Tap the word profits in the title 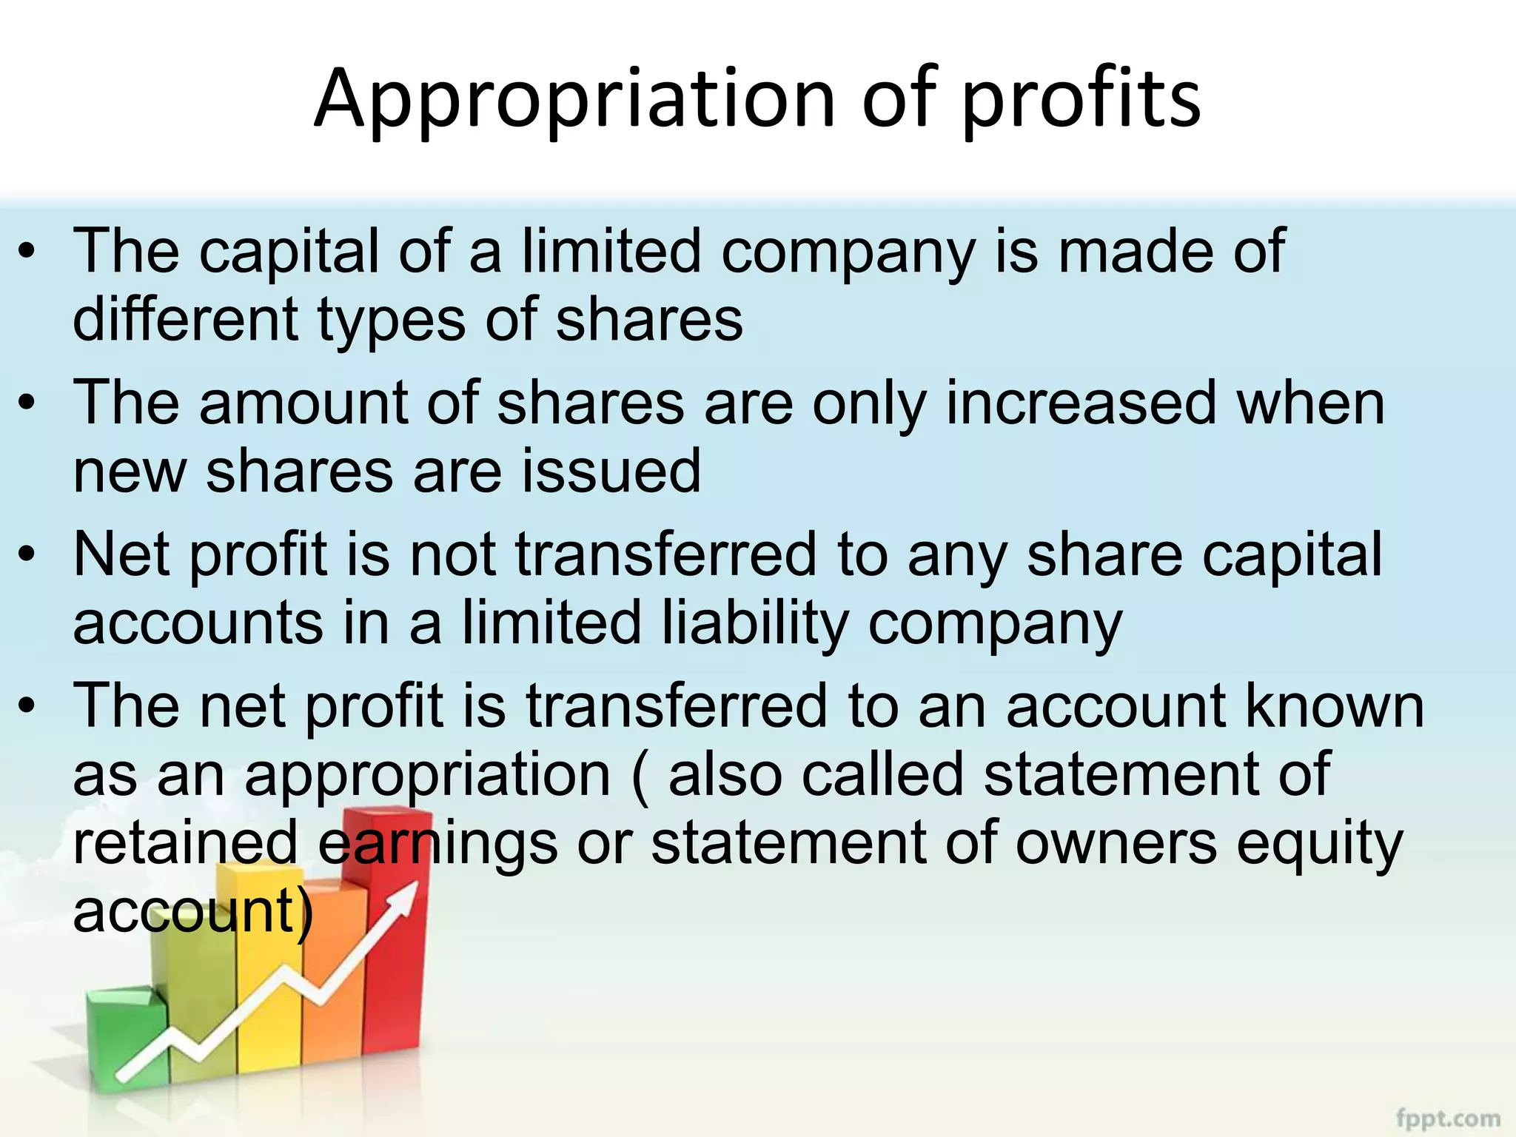[1081, 100]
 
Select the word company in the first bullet [848, 252]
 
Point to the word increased [1081, 403]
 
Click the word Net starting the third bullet [125, 554]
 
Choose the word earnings [437, 845]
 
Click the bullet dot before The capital [27, 252]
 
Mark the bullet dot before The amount [27, 403]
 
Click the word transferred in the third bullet [665, 554]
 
